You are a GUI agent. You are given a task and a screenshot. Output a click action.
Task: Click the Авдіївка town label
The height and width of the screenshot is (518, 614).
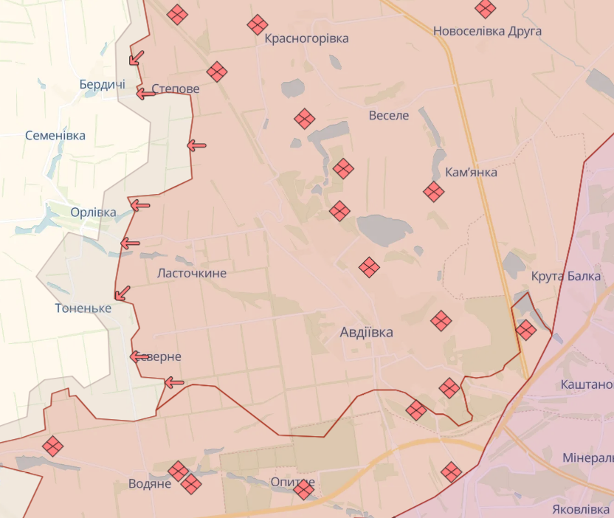pyautogui.click(x=366, y=332)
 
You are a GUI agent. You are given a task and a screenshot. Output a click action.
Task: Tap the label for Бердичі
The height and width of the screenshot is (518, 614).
pyautogui.click(x=102, y=84)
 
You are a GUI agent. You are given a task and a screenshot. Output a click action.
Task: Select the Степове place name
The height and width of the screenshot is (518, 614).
pyautogui.click(x=176, y=89)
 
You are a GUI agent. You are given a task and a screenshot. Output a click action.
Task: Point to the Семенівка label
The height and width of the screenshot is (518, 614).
pyautogui.click(x=55, y=136)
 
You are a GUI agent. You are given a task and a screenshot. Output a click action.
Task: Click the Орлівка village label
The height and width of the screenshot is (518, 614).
pyautogui.click(x=93, y=213)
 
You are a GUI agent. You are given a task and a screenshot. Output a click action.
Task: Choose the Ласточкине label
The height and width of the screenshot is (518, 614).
pyautogui.click(x=192, y=273)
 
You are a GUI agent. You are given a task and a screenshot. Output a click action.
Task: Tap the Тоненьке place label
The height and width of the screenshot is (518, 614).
pyautogui.click(x=83, y=308)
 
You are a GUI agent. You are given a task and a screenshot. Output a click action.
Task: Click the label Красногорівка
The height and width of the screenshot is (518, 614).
pyautogui.click(x=306, y=38)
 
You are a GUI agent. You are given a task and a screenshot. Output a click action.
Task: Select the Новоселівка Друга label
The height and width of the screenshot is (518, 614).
pyautogui.click(x=487, y=31)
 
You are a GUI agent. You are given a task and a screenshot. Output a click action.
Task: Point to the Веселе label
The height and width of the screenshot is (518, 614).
pyautogui.click(x=389, y=116)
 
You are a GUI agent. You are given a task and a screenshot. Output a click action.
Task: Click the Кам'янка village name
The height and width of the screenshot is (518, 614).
pyautogui.click(x=472, y=173)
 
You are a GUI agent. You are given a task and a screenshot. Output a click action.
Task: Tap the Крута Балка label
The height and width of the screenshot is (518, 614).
pyautogui.click(x=566, y=277)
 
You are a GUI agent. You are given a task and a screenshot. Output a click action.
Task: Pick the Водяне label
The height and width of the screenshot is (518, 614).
pyautogui.click(x=150, y=484)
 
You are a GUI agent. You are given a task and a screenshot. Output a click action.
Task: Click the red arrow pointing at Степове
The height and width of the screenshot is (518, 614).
pyautogui.click(x=145, y=94)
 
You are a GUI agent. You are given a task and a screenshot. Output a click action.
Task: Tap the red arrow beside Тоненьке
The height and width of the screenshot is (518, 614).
pyautogui.click(x=122, y=293)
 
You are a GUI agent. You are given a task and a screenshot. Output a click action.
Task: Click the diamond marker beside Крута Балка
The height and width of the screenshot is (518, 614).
pyautogui.click(x=525, y=330)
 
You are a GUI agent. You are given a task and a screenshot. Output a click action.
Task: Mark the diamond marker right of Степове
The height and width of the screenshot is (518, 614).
pyautogui.click(x=216, y=72)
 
